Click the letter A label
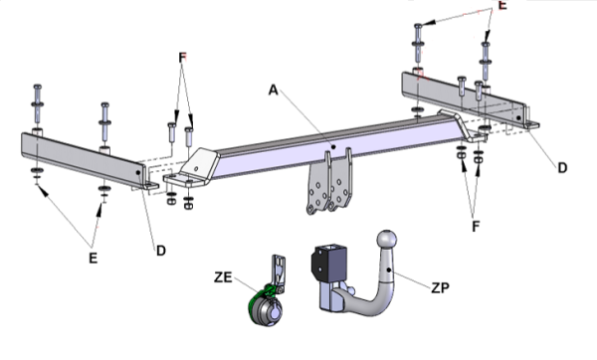[274, 90]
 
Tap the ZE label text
[223, 277]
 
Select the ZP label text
[440, 287]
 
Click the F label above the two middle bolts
[182, 58]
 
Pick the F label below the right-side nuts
[476, 227]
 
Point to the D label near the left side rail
[161, 251]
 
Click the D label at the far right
[562, 168]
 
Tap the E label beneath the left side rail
[93, 258]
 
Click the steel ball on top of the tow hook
[387, 240]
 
